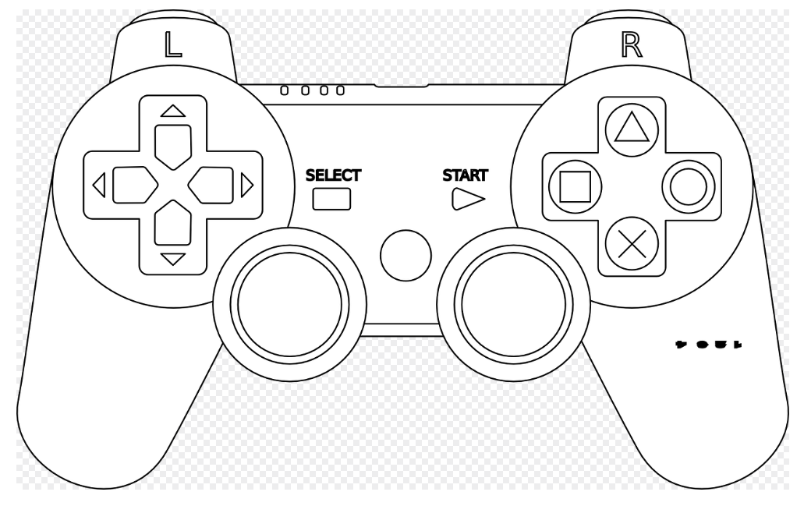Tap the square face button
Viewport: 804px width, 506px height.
[x=573, y=187]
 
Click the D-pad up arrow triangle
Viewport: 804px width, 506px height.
[x=172, y=111]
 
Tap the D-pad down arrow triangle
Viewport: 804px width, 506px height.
[x=172, y=259]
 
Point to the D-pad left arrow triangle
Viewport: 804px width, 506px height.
[x=99, y=186]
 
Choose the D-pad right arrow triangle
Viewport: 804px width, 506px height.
[x=246, y=186]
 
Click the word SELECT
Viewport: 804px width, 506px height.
[x=333, y=175]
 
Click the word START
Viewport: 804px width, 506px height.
[x=466, y=175]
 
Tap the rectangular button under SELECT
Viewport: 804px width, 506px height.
[x=332, y=200]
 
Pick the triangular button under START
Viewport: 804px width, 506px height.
[x=467, y=200]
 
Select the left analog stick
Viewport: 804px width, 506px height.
[x=289, y=306]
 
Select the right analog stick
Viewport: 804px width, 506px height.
[x=512, y=306]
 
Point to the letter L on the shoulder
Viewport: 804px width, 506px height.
[x=172, y=45]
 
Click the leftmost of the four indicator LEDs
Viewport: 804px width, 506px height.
[x=285, y=90]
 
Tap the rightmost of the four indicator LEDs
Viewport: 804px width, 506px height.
[x=340, y=90]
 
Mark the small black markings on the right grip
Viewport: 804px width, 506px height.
[x=708, y=342]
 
